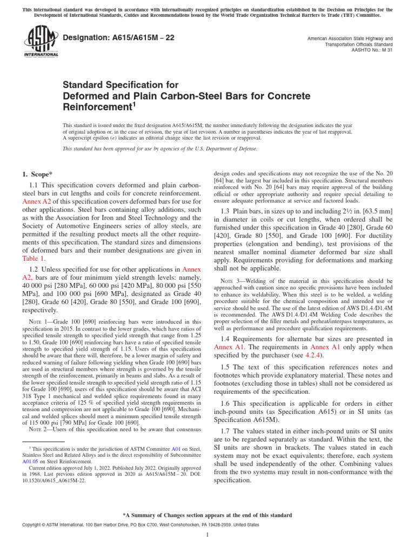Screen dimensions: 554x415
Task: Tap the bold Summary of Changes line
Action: tap(207, 516)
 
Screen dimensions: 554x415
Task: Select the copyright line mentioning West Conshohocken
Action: tap(132, 525)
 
